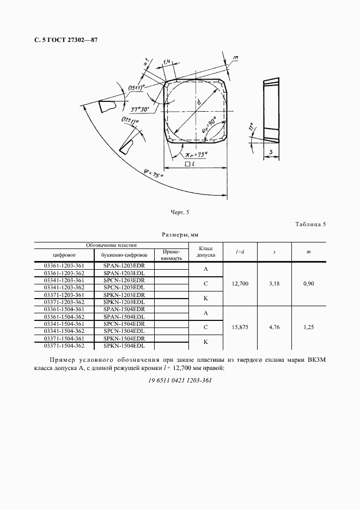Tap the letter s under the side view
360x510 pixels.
click(270, 151)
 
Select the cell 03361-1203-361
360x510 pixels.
click(64, 265)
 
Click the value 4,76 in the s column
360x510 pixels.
click(274, 327)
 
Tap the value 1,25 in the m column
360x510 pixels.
click(309, 327)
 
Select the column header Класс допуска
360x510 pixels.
click(206, 251)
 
